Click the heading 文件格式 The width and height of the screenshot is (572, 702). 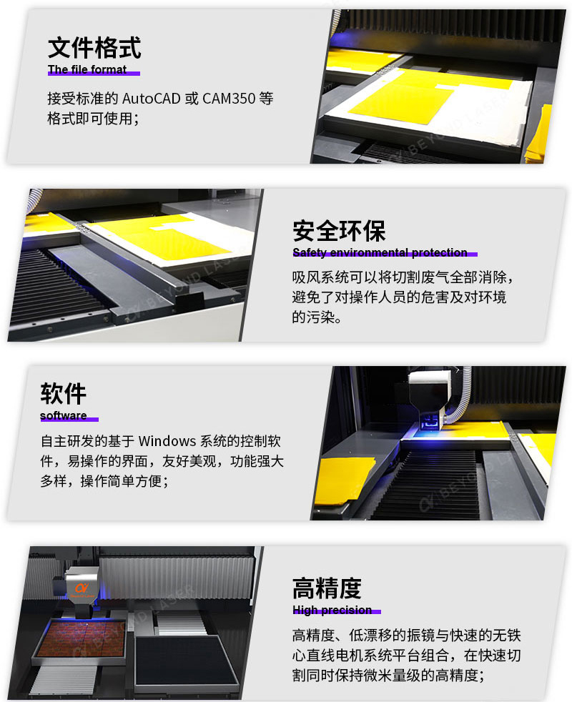pos(94,48)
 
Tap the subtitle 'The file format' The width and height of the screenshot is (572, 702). pos(87,69)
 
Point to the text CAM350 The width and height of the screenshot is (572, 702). pos(228,98)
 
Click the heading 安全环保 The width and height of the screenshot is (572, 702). pos(339,231)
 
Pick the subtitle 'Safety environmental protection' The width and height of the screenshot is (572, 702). pos(380,252)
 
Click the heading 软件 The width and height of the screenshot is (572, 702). pos(64,394)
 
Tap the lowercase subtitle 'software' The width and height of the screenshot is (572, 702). pos(64,415)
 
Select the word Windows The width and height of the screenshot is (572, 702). pos(166,441)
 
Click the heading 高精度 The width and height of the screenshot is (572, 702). pos(327,588)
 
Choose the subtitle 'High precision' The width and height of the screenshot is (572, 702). pos(332,610)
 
